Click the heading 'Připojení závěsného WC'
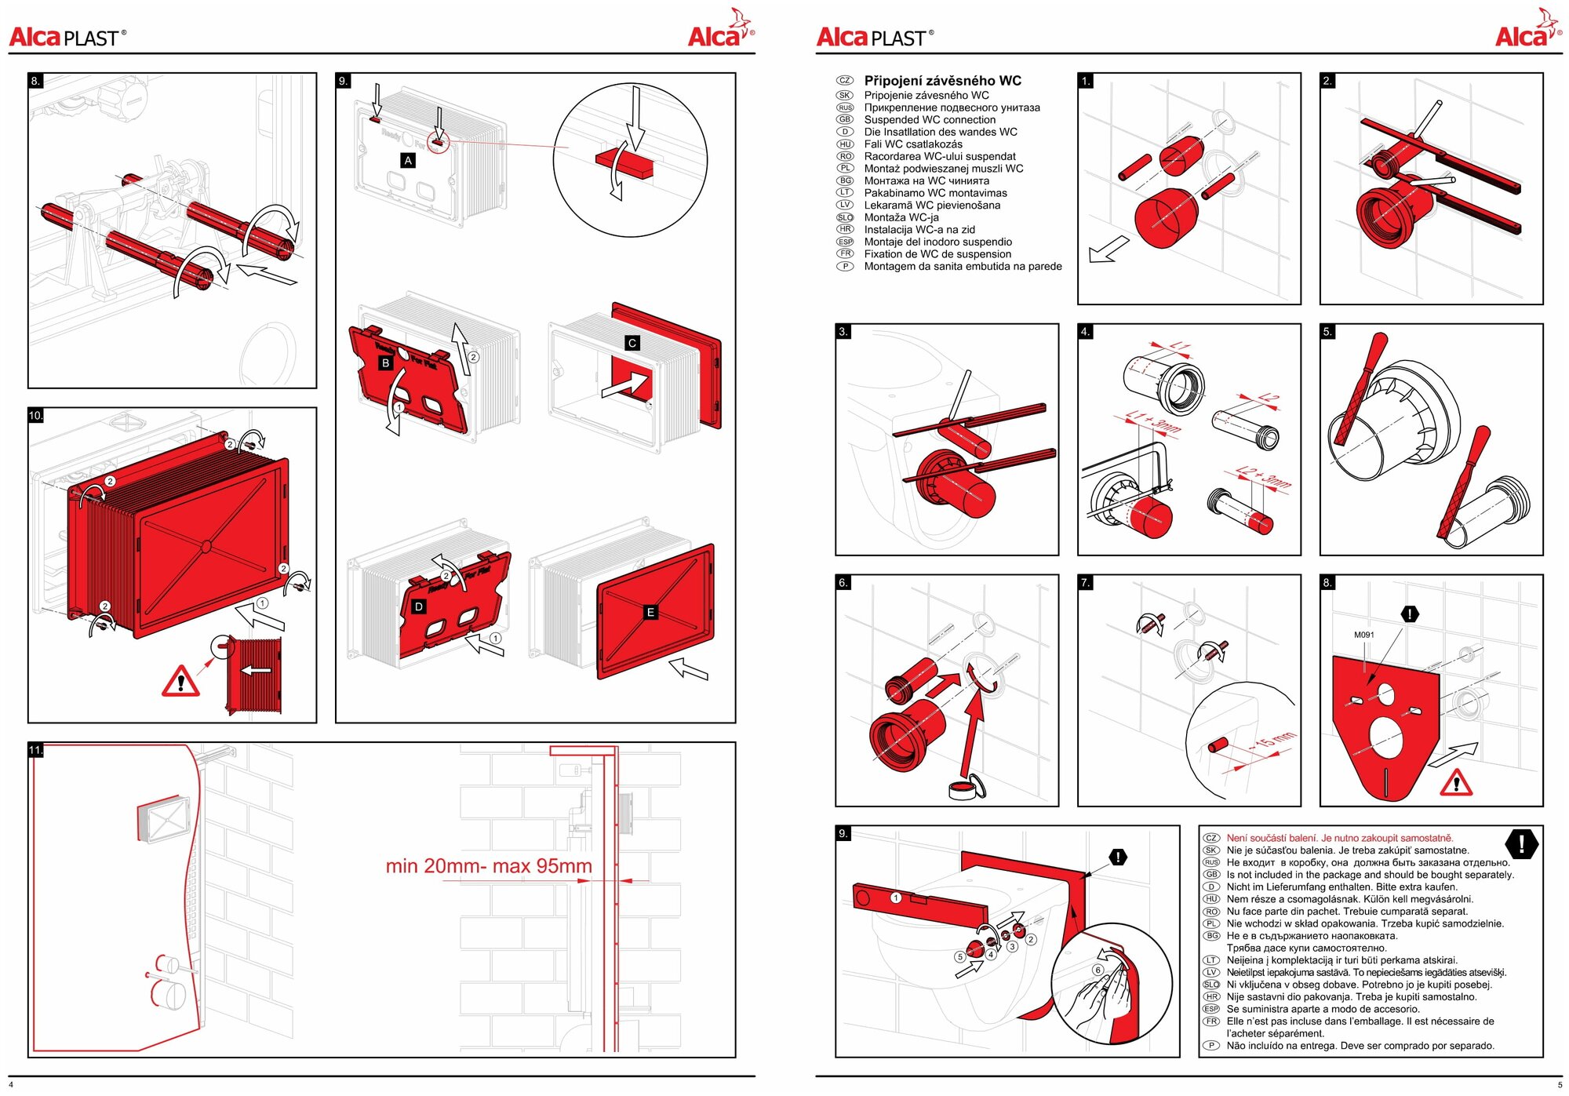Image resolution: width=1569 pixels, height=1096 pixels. (x=942, y=81)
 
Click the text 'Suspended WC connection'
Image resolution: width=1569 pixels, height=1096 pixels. (x=930, y=120)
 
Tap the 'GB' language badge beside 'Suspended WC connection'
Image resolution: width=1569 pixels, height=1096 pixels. (x=845, y=120)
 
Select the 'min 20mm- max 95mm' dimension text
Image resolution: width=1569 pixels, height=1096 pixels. (x=489, y=866)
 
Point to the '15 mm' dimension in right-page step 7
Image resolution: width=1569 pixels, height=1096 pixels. (x=1272, y=740)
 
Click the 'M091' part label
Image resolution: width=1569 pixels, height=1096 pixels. (x=1363, y=635)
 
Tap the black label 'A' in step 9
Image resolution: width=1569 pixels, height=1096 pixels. (x=408, y=161)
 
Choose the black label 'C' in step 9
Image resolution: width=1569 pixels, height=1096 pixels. (x=632, y=343)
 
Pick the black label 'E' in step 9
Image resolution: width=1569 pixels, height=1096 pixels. (x=650, y=612)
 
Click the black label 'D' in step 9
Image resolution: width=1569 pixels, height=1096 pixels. (x=419, y=606)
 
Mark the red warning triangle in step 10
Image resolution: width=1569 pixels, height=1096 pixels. (x=180, y=681)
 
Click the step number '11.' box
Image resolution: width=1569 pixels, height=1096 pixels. (x=35, y=750)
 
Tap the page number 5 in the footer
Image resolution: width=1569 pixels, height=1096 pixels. (x=1560, y=1085)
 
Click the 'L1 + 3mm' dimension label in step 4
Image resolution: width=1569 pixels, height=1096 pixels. (x=1152, y=422)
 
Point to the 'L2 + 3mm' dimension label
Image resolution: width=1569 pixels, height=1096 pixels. (x=1263, y=477)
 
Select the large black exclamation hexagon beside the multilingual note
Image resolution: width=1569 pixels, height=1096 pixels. (x=1521, y=844)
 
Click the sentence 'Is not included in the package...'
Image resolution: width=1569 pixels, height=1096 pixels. (x=1370, y=875)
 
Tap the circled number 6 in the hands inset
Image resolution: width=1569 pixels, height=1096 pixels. (x=1098, y=970)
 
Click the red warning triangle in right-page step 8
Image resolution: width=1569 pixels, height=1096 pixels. (x=1456, y=782)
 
